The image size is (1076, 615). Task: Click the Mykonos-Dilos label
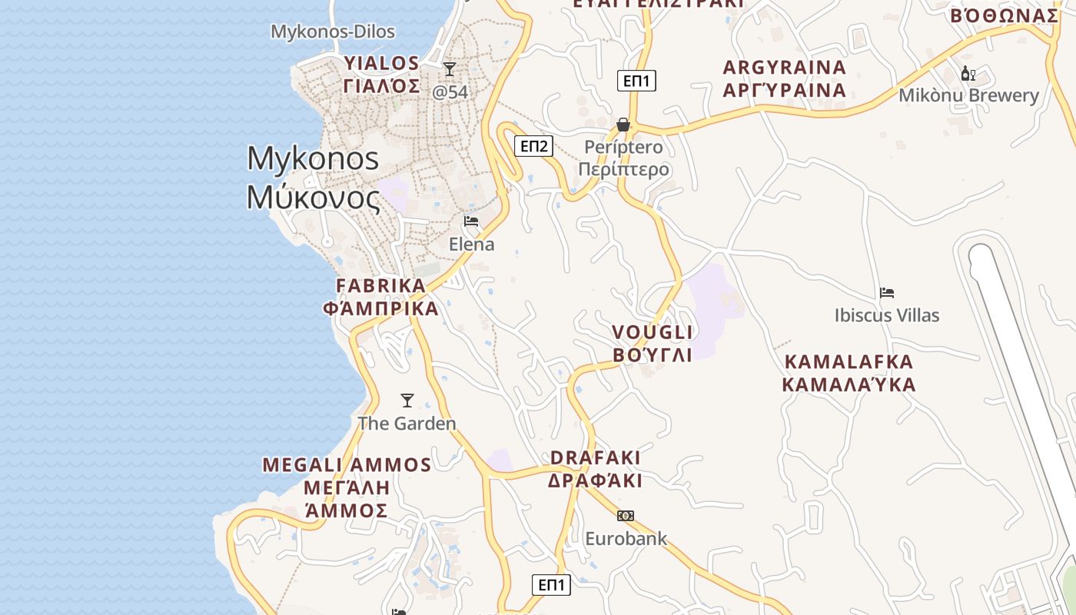coord(333,32)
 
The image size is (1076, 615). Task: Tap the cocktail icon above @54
coord(450,69)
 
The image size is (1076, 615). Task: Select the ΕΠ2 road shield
coord(533,146)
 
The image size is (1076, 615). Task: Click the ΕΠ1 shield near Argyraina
coord(636,81)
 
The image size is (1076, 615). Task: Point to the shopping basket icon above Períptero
coord(623,125)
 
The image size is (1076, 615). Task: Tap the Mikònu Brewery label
coord(968,95)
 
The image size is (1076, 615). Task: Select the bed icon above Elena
coord(471,221)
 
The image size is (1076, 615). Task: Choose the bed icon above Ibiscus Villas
coord(887,293)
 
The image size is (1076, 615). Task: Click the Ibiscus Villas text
coord(887,315)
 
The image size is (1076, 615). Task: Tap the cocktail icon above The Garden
coord(407,401)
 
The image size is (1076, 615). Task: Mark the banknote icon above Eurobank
coord(626,516)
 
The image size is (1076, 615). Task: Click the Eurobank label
coord(626,538)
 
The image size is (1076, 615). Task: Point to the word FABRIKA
coord(380,286)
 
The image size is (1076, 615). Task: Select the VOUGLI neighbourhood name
coord(653,332)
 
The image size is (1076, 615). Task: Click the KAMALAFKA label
coord(849,361)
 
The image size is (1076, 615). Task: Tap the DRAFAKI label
coord(595,457)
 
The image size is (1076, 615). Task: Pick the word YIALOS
coord(382,63)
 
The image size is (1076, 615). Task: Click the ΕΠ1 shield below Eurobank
coord(551,584)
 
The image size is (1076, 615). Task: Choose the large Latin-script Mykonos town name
coord(313,158)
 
